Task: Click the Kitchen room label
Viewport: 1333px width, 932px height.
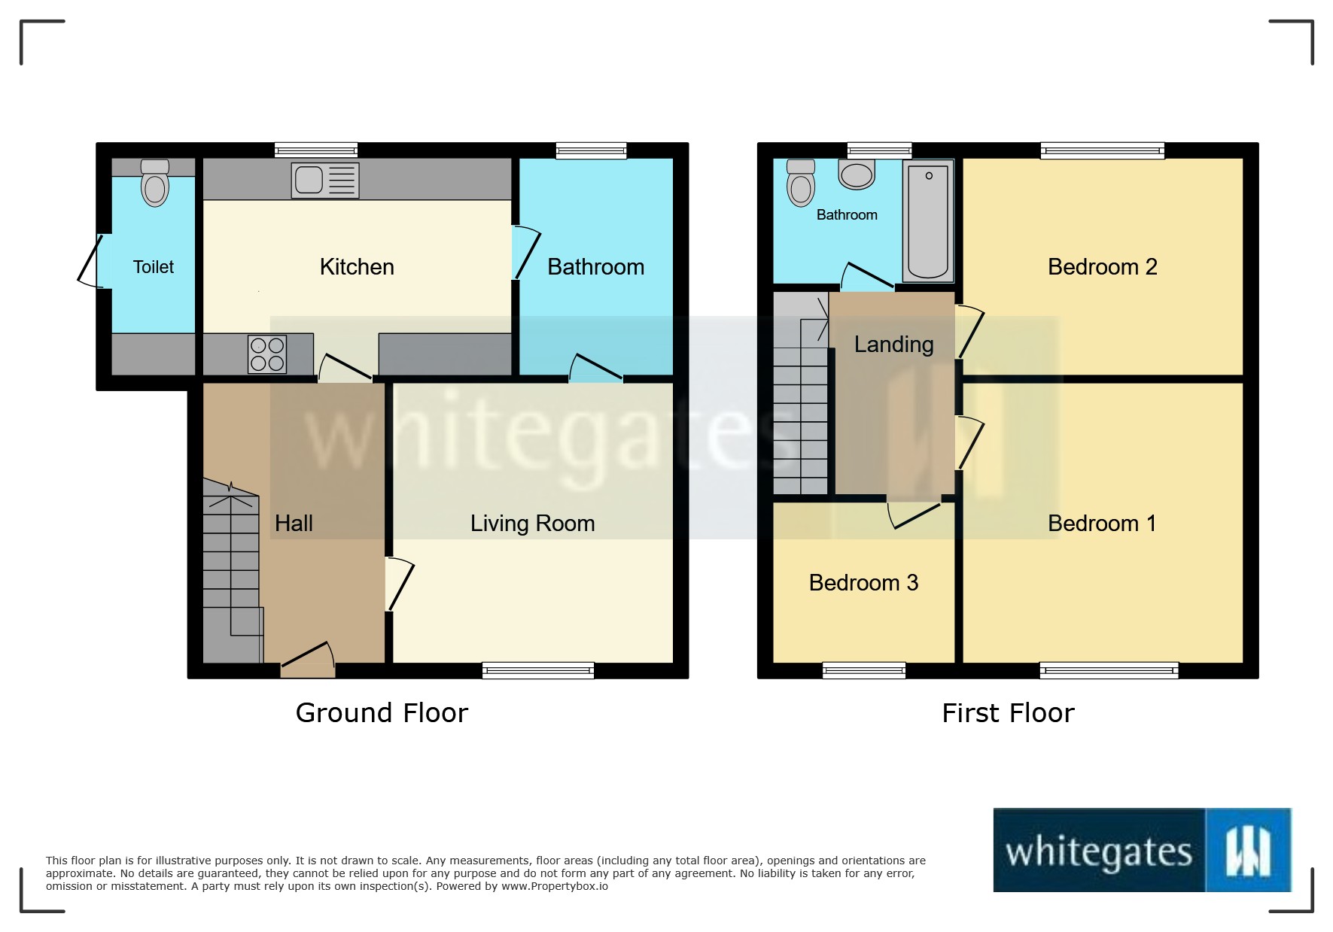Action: click(x=357, y=267)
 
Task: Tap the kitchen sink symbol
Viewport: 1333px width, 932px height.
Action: click(x=325, y=181)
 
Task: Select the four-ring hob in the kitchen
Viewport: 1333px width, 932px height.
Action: click(x=267, y=354)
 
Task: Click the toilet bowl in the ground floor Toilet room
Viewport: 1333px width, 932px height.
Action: click(x=155, y=189)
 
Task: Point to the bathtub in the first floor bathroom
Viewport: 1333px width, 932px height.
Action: click(x=928, y=221)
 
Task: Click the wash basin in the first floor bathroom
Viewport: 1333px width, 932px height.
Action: click(x=857, y=175)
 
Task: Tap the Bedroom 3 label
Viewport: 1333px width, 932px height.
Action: click(x=863, y=583)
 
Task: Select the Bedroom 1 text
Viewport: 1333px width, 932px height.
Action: click(x=1102, y=524)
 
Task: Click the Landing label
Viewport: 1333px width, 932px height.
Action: click(x=893, y=345)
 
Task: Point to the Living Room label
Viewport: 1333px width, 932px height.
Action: click(x=532, y=524)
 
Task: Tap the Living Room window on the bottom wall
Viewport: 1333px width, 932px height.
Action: click(x=538, y=669)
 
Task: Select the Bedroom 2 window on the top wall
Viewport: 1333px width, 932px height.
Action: click(x=1102, y=150)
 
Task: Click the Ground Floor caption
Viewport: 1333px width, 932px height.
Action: click(x=382, y=712)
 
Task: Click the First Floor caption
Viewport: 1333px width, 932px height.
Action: click(x=1008, y=712)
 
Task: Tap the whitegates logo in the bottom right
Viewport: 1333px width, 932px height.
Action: click(x=1142, y=851)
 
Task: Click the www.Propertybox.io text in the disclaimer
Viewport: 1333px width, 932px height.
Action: click(x=555, y=886)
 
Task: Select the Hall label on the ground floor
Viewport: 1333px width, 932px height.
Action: click(x=294, y=524)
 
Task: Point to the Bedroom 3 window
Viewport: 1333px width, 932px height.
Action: click(x=864, y=669)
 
